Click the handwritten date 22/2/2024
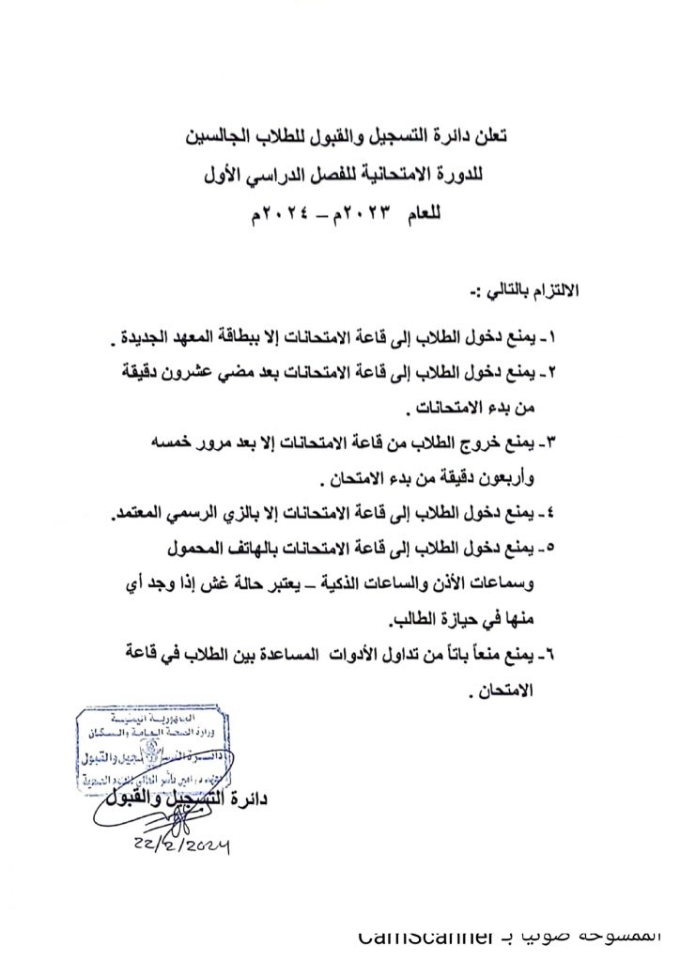[183, 846]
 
